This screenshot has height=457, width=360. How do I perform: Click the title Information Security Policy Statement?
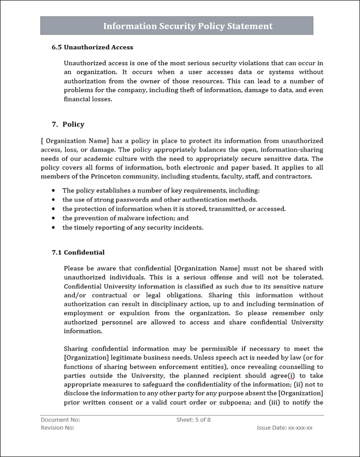188,26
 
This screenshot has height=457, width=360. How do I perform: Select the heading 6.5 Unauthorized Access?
92,47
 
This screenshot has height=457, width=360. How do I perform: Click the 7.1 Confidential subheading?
78,253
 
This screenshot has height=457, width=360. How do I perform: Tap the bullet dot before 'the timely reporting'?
54,228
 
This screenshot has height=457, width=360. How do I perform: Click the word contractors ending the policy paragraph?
293,176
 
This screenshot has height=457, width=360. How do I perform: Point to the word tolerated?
308,277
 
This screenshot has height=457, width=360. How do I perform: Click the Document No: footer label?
60,420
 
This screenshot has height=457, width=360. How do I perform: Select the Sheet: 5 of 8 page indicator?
193,420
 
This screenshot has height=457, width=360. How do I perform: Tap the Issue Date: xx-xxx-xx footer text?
284,428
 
